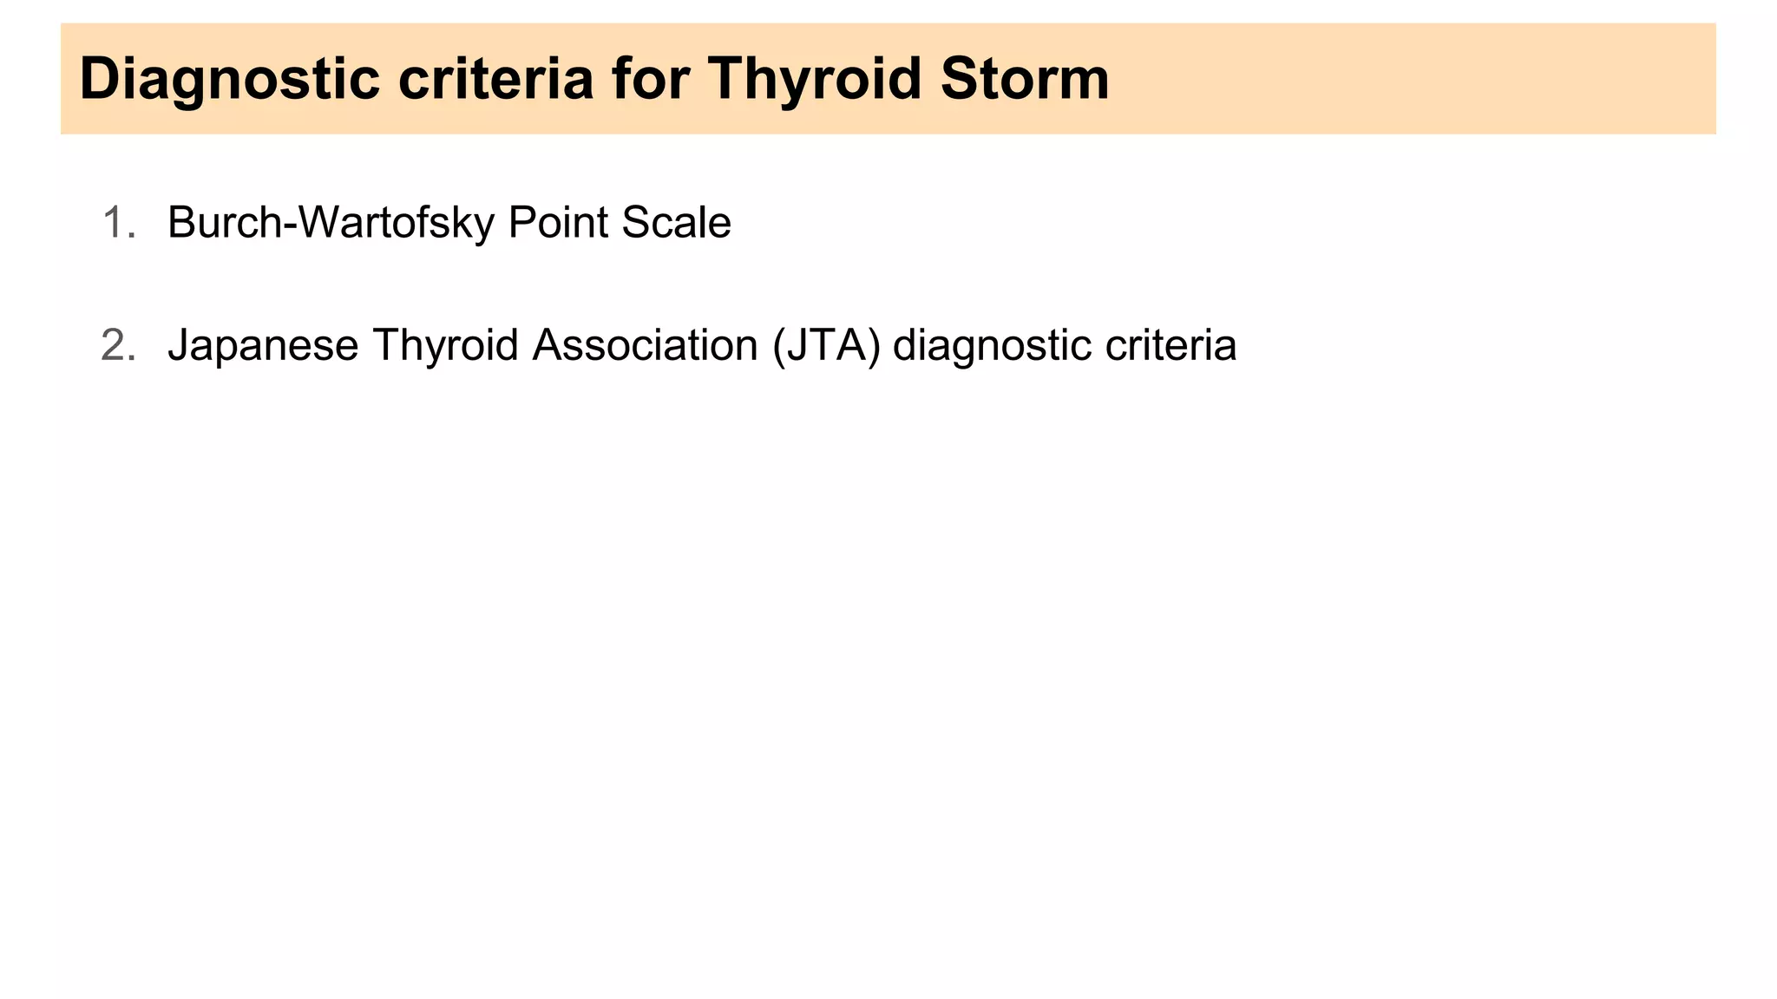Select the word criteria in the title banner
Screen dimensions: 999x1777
pos(495,79)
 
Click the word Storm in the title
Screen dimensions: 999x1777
pos(1026,79)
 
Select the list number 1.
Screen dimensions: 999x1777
pos(118,223)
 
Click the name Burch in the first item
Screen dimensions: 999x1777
pos(224,223)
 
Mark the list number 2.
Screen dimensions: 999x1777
pos(118,345)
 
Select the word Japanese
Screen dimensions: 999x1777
pos(263,346)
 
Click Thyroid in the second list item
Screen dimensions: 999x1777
pos(445,346)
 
